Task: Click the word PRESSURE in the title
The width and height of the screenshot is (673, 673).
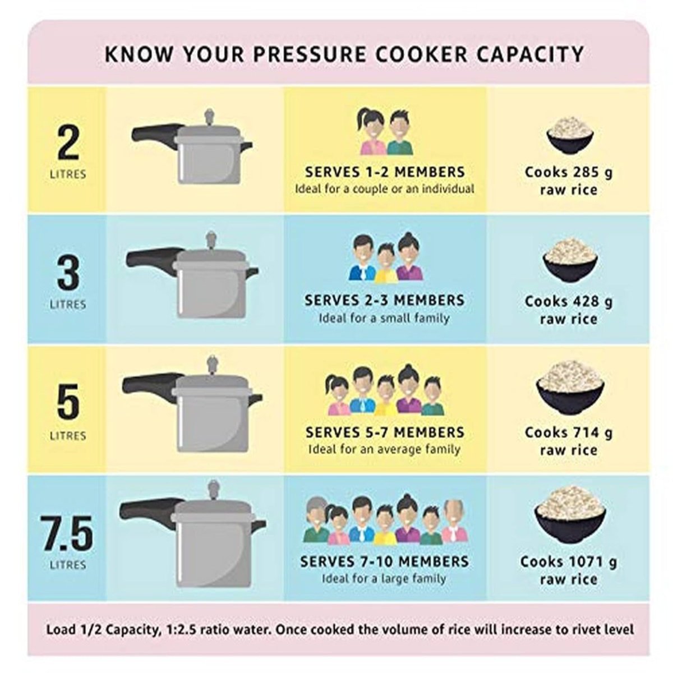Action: coord(310,54)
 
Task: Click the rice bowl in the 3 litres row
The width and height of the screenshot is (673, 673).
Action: coord(570,259)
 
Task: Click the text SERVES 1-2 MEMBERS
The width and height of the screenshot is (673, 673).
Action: coord(385,172)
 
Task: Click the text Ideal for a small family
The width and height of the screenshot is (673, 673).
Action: coord(384,318)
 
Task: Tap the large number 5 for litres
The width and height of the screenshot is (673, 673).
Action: coord(68,402)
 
